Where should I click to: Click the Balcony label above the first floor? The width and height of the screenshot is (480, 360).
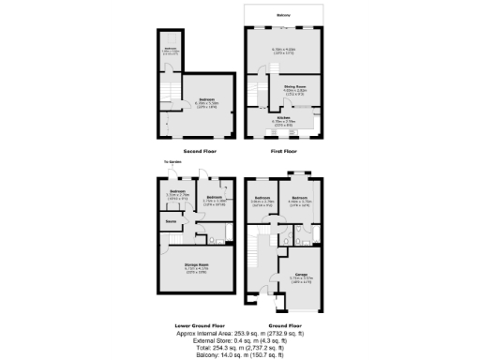point(283,16)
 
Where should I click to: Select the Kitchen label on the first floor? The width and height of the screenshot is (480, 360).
point(283,117)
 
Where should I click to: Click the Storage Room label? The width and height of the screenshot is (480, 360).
point(196,264)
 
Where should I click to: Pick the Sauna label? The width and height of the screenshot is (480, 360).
point(172,222)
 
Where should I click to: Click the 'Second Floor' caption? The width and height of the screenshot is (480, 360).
point(201,151)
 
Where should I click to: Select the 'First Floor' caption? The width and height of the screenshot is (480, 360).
point(283,151)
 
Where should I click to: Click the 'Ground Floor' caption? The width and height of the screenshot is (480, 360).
point(283,323)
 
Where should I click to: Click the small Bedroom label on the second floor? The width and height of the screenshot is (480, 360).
point(170,48)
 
